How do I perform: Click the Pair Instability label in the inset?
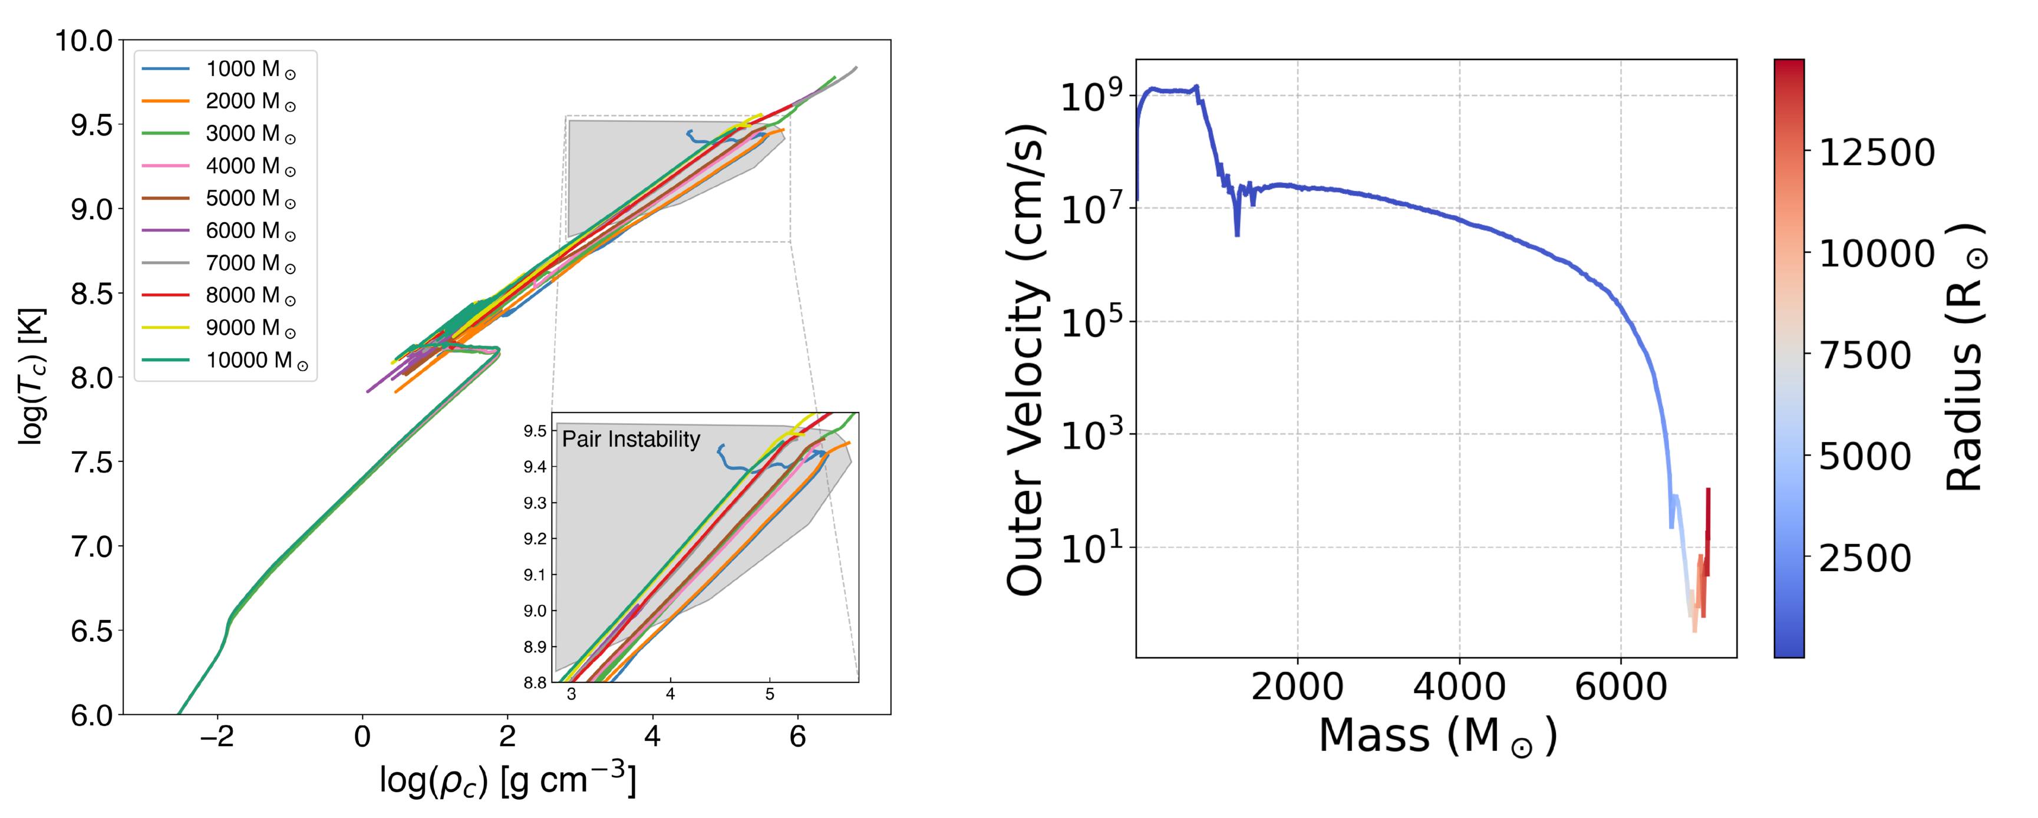[631, 440]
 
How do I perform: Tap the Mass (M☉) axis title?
[1437, 735]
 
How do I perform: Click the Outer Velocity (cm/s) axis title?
[1027, 358]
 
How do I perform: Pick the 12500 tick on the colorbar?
[1877, 152]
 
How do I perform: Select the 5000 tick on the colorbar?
[1865, 457]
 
